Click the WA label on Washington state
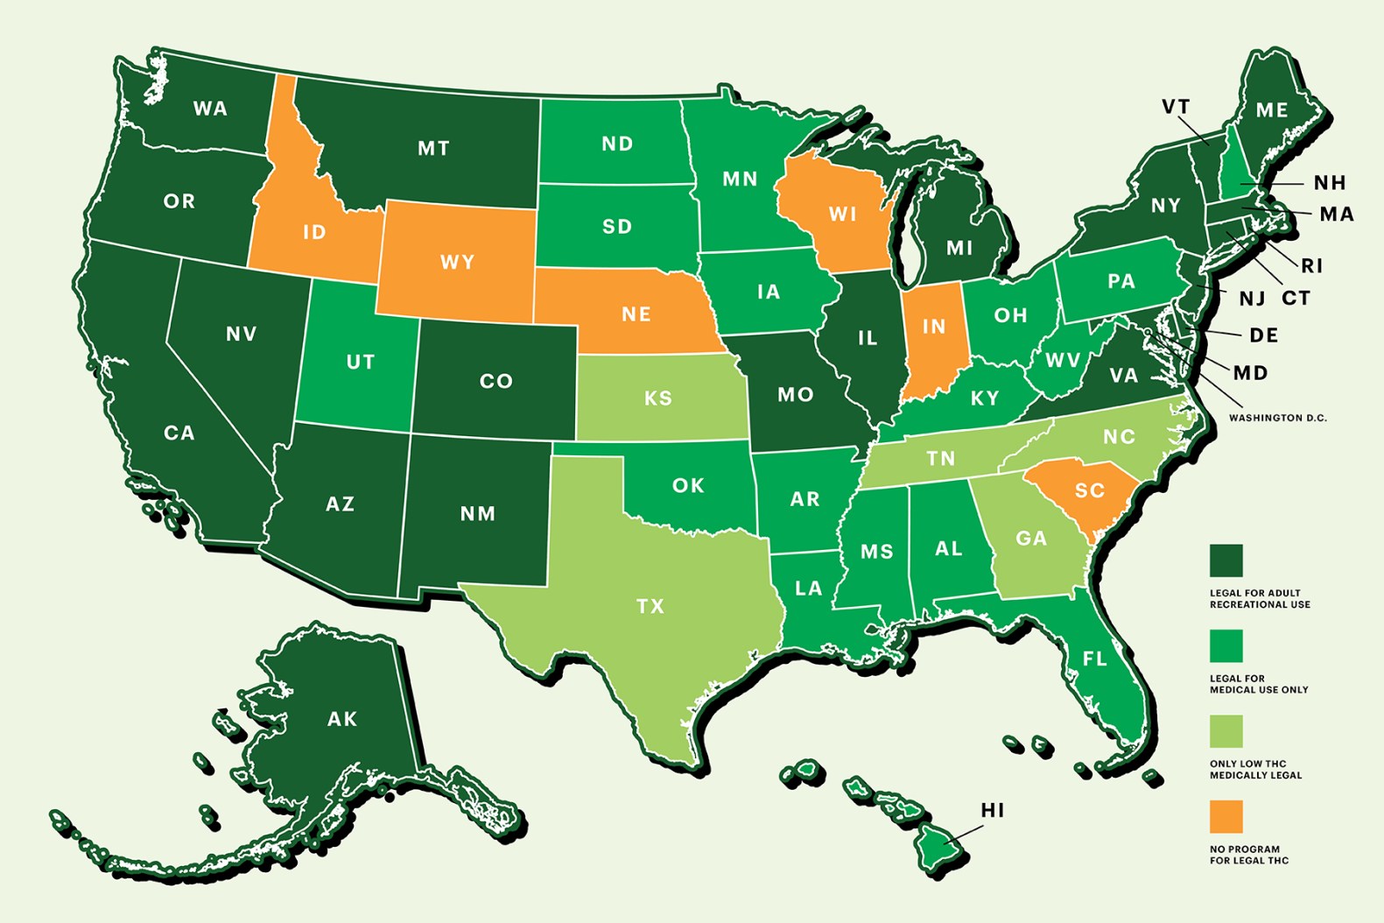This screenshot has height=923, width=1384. [210, 109]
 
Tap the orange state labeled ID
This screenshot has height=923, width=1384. [313, 232]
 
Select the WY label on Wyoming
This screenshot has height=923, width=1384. [457, 262]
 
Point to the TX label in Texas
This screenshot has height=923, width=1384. [650, 606]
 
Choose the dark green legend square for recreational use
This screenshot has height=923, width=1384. [1226, 560]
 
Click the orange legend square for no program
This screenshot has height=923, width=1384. [1226, 816]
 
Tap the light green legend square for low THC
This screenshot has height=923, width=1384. [1226, 731]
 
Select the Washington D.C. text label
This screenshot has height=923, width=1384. [1277, 419]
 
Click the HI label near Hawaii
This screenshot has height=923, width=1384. [993, 811]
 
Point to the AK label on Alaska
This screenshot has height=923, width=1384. [342, 719]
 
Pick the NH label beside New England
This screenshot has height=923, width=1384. [1329, 183]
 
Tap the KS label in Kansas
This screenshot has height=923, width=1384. [658, 398]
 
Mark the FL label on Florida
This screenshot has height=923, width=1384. [1094, 659]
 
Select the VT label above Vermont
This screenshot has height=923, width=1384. [1176, 107]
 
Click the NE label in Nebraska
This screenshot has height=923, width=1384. [636, 314]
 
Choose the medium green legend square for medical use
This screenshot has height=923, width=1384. [1226, 646]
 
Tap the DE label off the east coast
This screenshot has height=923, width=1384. [1263, 335]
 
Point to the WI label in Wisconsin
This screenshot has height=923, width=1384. [842, 215]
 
